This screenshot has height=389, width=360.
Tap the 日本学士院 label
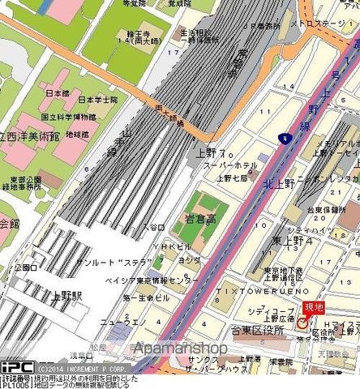pos(97,100)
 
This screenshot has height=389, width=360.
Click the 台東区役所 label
pos(256,331)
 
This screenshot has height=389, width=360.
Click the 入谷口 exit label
pos(154,228)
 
